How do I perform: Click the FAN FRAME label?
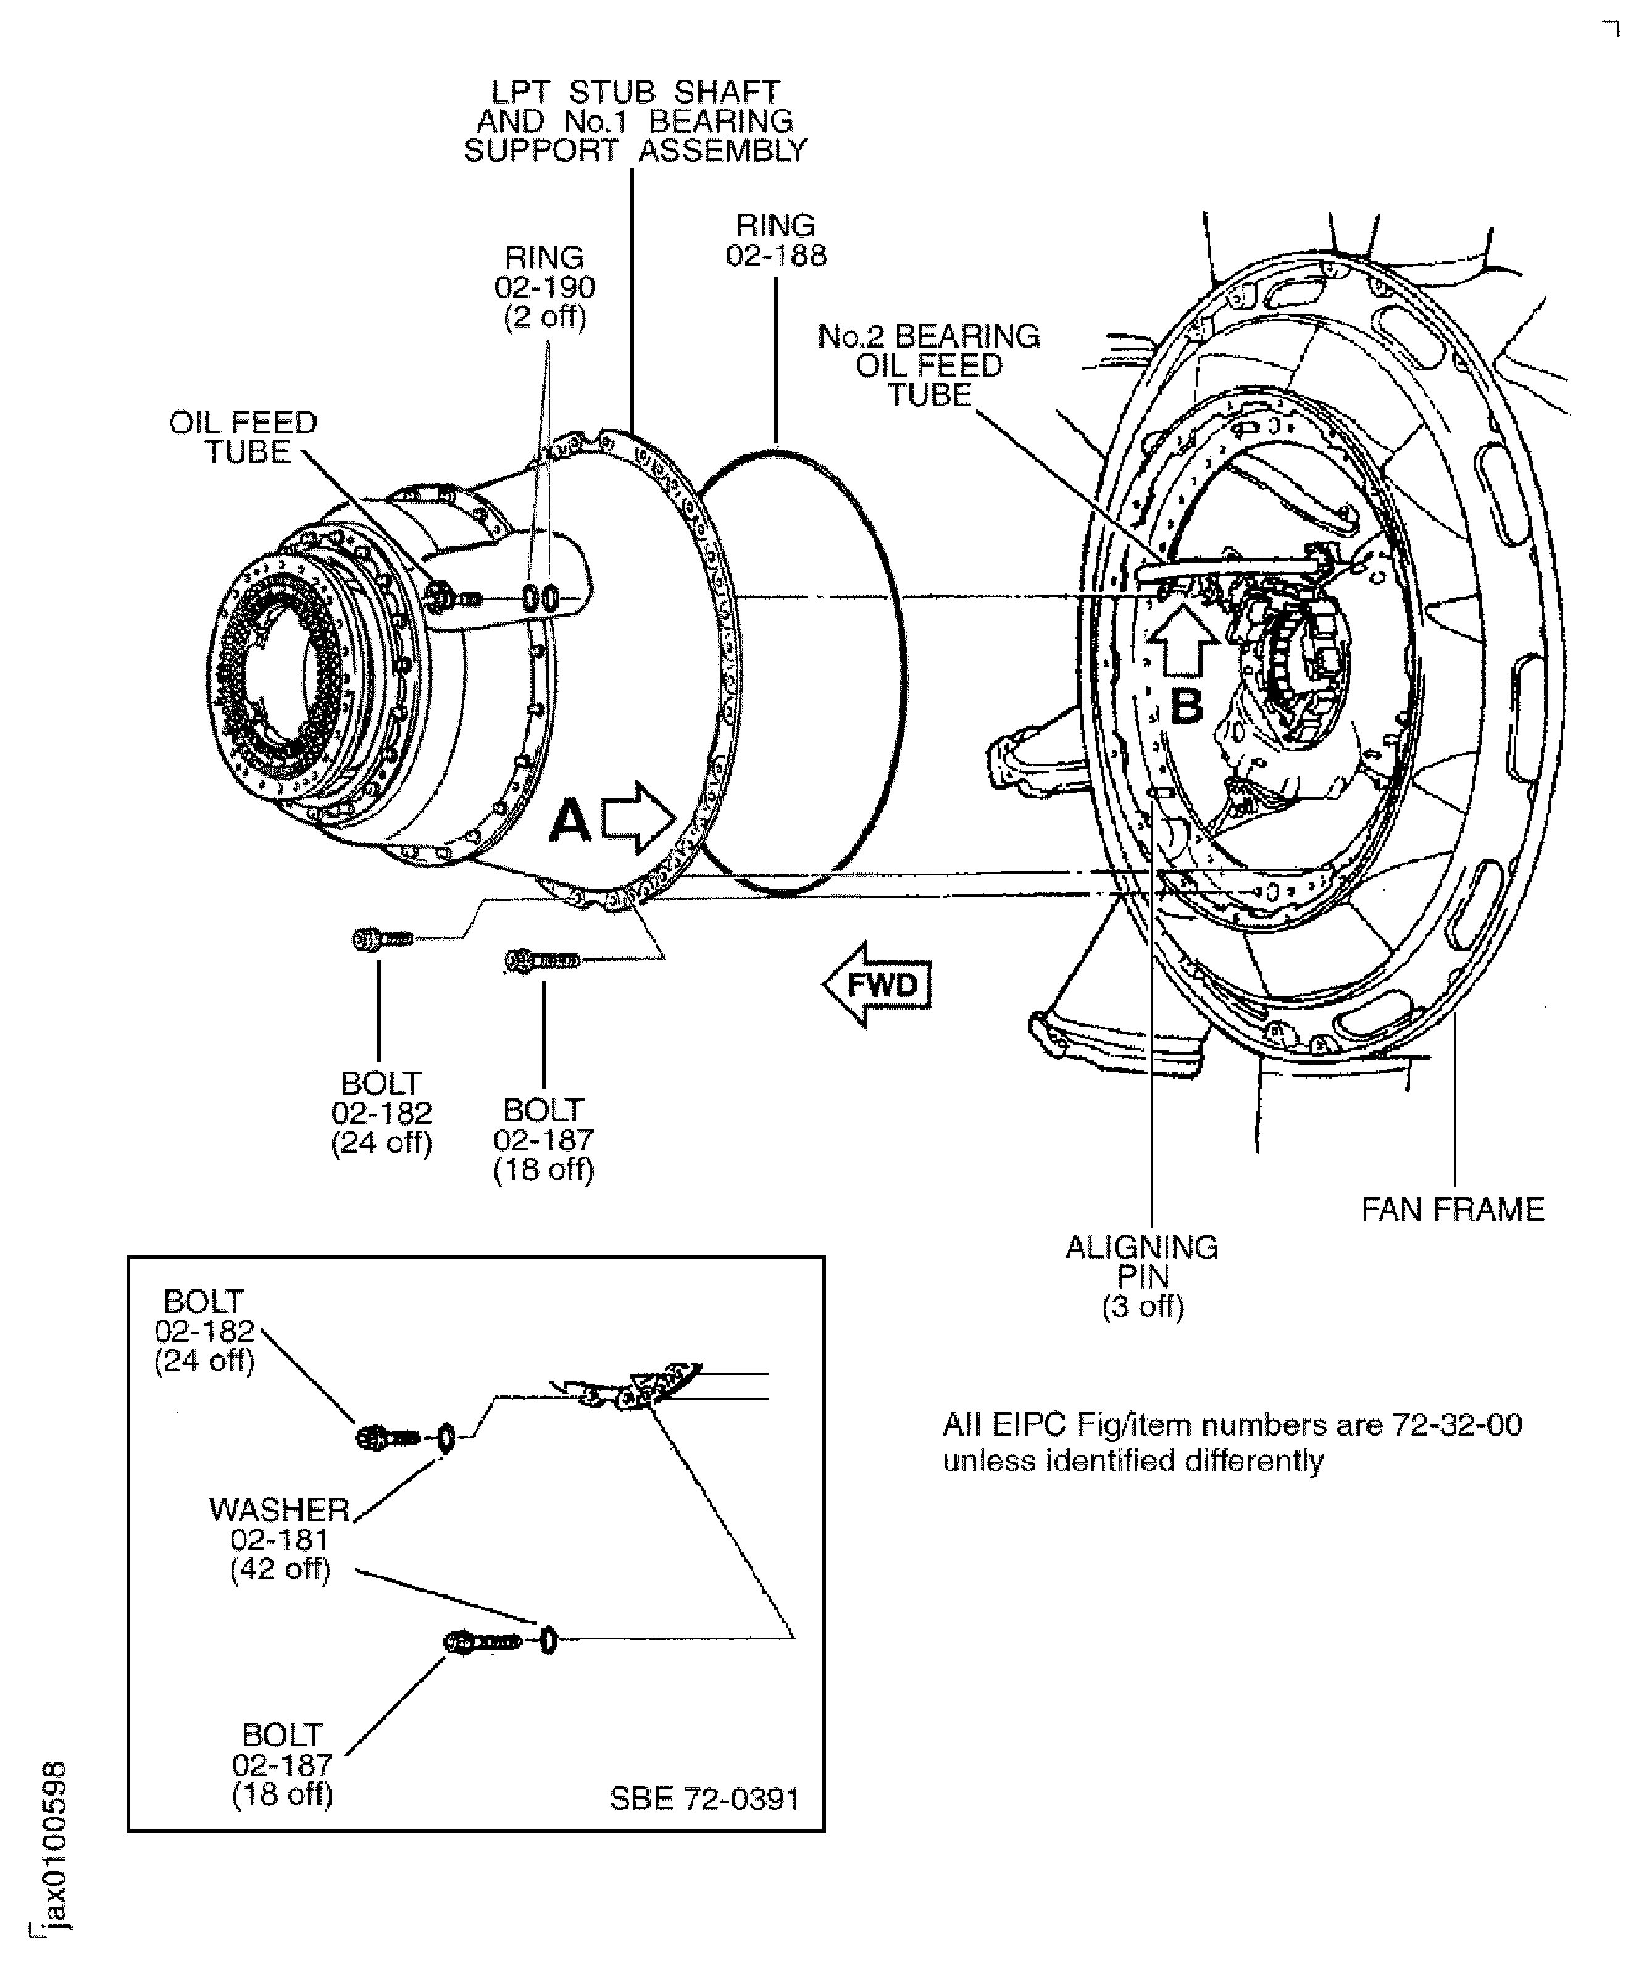[1452, 1210]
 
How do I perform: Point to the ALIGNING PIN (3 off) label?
[1142, 1276]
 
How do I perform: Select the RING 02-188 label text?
[776, 241]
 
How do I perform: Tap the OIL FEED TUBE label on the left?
[243, 437]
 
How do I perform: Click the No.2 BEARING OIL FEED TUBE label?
[928, 365]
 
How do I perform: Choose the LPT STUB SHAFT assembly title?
[635, 122]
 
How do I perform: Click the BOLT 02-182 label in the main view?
[381, 1113]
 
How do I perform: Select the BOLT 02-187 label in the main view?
[543, 1139]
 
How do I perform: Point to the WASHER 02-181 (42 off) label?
[280, 1539]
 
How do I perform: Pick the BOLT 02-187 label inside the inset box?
[282, 1764]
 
